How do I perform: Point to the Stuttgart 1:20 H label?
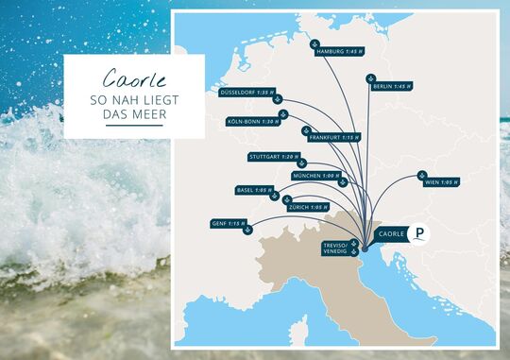coord(273,156)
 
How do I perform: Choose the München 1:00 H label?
coord(316,176)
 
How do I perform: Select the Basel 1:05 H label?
coord(253,190)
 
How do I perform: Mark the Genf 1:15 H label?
coord(229,223)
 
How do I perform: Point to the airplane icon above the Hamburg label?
coord(315,43)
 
